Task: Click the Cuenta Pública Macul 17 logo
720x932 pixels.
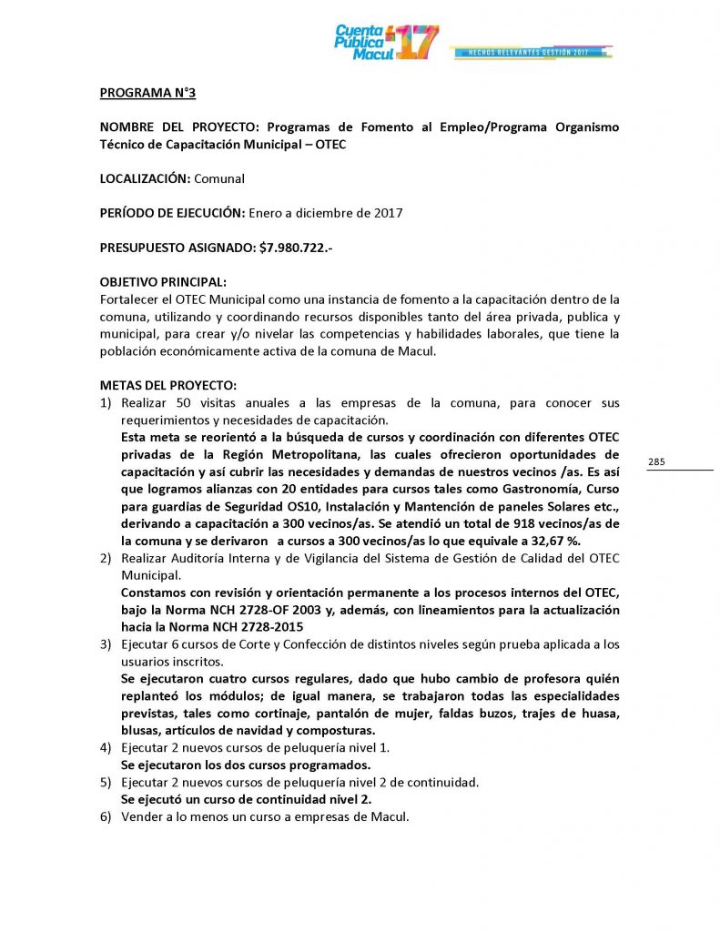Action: pos(387,43)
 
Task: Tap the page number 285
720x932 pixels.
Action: pos(657,462)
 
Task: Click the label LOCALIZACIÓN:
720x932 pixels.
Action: pos(145,178)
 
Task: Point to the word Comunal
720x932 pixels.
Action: pos(219,178)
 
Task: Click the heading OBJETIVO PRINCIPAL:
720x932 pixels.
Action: pos(163,281)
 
